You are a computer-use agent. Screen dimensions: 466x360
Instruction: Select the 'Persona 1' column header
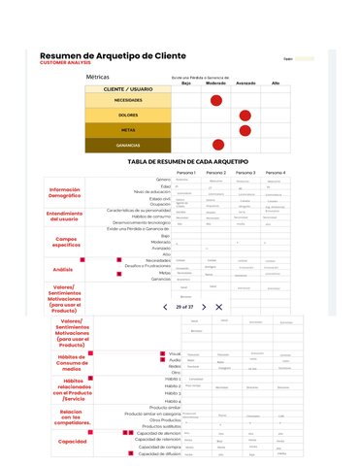point(187,172)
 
